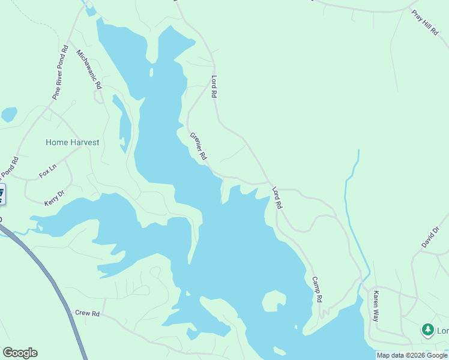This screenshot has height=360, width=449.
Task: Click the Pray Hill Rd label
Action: point(426,23)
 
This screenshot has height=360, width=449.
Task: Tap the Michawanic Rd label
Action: point(89,69)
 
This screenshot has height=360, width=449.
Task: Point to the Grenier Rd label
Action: point(198,146)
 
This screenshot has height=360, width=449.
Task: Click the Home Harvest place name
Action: point(72,143)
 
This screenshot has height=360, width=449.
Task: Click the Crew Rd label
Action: point(87,313)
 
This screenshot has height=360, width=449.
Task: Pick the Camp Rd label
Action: point(318,289)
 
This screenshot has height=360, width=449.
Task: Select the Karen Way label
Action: point(376,306)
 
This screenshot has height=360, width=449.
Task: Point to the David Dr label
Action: point(430,237)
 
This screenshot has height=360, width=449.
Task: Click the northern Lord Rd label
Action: point(213,86)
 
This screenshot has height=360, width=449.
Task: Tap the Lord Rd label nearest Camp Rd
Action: point(277,197)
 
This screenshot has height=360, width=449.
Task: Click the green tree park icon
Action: point(427,329)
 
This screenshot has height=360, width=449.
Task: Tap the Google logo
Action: point(20,353)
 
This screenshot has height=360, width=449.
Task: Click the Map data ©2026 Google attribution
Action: point(412,355)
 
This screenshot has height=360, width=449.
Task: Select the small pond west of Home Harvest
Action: point(9,114)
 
